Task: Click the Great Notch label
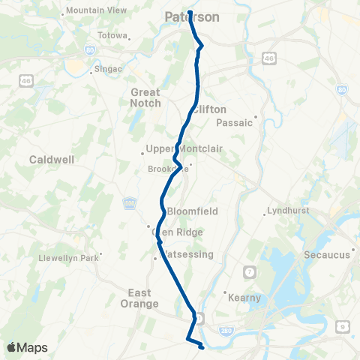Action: (x=145, y=97)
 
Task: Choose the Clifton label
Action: (x=209, y=109)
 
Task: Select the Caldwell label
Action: (x=50, y=160)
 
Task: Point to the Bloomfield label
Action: (x=192, y=211)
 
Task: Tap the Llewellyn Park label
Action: (x=68, y=259)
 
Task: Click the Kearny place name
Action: (x=245, y=298)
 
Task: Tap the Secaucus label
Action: (x=327, y=255)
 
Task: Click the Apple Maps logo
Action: (x=27, y=347)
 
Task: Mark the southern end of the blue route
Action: (x=202, y=347)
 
